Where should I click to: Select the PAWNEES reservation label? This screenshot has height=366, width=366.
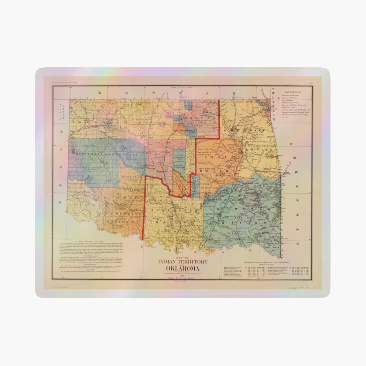[191, 130]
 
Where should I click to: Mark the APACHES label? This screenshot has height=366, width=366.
[118, 221]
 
